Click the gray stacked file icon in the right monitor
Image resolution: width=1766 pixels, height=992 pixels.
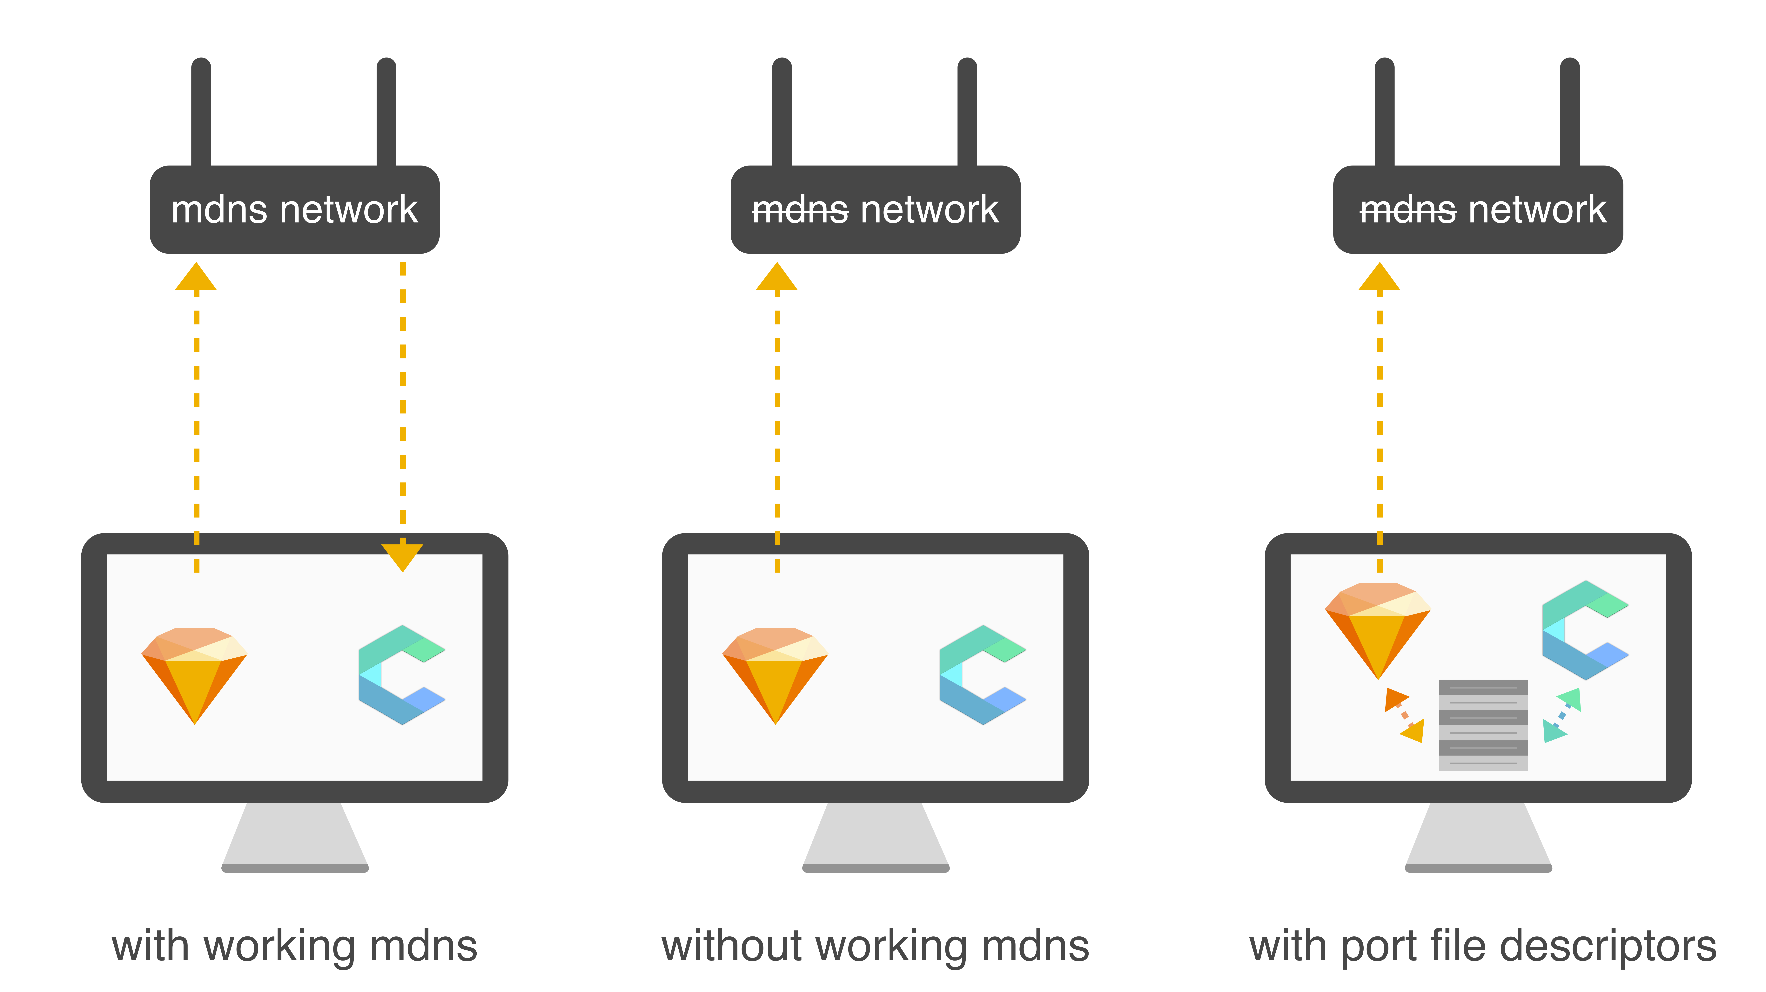pos(1483,725)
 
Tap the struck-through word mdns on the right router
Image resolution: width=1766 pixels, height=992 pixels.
pos(1407,210)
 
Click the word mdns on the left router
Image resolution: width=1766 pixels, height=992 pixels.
pos(219,210)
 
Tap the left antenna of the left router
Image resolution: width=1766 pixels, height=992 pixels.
pos(201,113)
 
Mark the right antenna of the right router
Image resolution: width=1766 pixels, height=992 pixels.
pos(1570,113)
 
